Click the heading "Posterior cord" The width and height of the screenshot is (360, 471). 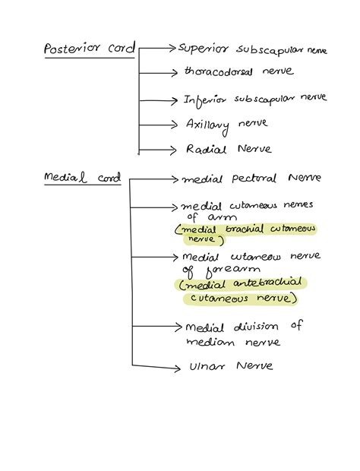(89, 49)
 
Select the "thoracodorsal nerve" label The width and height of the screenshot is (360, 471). (238, 72)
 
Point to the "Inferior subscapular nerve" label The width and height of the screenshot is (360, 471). (254, 98)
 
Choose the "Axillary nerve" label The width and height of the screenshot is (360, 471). (226, 124)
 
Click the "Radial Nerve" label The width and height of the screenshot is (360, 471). (229, 149)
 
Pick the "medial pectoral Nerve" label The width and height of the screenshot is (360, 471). (251, 179)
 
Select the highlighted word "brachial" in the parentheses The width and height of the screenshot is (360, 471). (245, 229)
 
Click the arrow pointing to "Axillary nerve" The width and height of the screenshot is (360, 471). (159, 123)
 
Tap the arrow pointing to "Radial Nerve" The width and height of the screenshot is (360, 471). (159, 149)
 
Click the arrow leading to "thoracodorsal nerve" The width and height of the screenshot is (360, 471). (159, 73)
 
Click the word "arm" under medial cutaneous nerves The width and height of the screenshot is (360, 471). (208, 216)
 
